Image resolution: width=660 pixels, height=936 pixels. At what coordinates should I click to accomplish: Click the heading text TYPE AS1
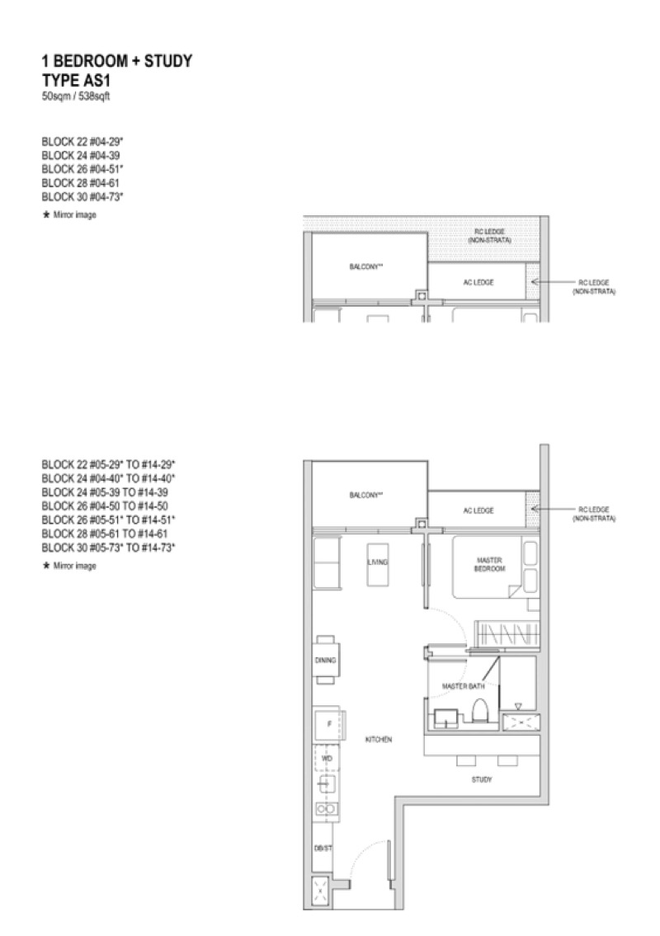[76, 81]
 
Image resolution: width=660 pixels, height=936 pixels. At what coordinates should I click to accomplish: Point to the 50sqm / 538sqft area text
[76, 96]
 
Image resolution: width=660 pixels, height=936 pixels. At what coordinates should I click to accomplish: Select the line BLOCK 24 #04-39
[81, 155]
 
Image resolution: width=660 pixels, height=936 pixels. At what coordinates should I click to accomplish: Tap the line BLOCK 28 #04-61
[81, 182]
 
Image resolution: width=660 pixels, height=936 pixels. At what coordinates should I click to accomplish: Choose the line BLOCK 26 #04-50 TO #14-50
[105, 506]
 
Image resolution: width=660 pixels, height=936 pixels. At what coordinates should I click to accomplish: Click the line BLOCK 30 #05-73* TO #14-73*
[108, 548]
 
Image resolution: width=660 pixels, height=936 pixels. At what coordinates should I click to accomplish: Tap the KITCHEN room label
[379, 740]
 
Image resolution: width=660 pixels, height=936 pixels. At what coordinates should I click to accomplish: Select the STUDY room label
[482, 779]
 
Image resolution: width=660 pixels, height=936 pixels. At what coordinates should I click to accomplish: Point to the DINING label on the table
[326, 661]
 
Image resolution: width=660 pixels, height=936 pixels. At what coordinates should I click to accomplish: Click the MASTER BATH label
[464, 686]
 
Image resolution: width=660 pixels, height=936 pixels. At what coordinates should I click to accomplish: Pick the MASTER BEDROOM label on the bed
[490, 565]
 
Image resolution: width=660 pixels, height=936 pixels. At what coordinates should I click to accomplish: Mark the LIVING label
[378, 562]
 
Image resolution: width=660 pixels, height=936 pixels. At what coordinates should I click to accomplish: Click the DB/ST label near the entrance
[323, 849]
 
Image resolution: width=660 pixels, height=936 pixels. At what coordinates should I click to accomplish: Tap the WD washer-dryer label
[327, 758]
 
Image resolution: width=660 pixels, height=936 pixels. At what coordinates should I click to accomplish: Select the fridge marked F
[328, 725]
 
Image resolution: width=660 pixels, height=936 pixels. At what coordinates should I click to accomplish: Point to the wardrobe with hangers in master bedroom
[507, 633]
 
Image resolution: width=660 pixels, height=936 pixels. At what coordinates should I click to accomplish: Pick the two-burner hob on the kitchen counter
[327, 809]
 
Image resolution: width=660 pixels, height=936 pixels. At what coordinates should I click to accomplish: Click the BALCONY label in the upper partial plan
[366, 266]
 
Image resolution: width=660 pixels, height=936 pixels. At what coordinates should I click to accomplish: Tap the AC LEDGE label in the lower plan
[478, 510]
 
